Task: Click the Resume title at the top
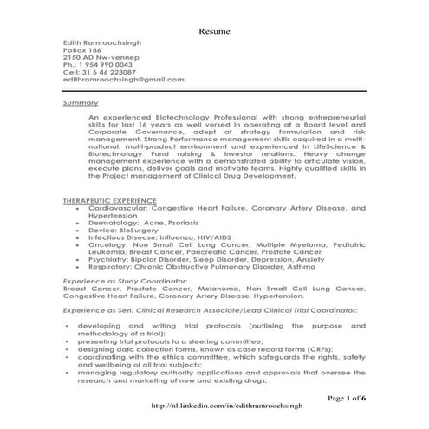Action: point(214,29)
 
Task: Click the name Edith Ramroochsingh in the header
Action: point(103,42)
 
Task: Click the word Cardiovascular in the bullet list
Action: point(117,209)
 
